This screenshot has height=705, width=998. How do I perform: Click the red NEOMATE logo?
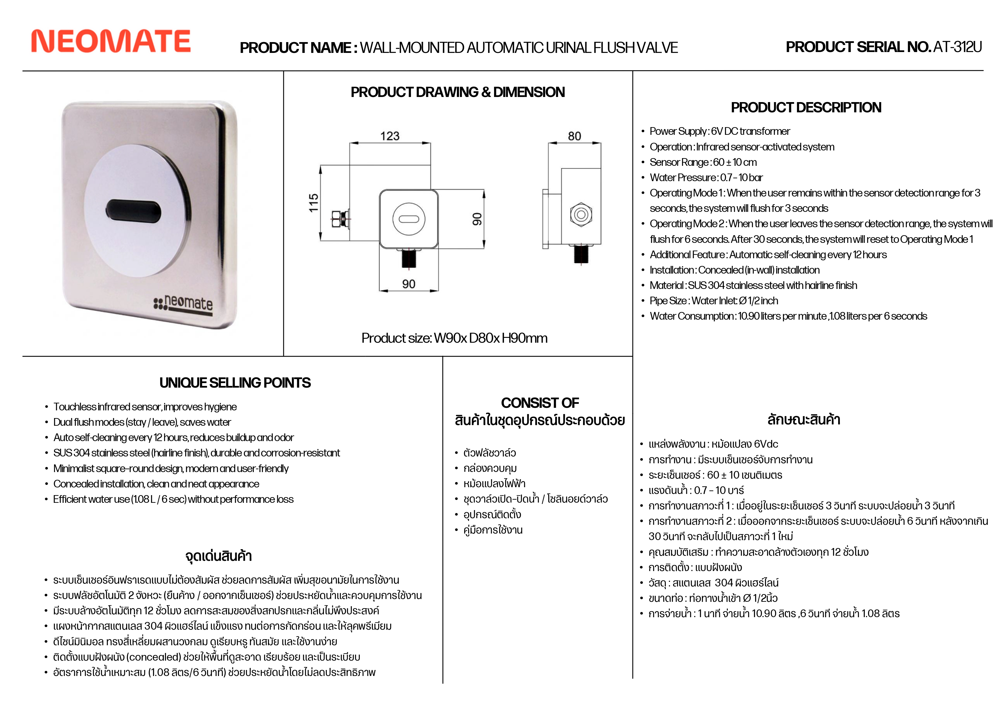point(111,42)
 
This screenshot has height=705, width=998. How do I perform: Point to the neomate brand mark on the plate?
point(184,303)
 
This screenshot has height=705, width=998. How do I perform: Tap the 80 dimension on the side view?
point(574,136)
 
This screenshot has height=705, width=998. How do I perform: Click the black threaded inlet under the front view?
point(409,258)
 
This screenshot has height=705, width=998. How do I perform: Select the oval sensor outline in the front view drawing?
point(409,219)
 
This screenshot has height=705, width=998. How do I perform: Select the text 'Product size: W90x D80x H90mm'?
point(454,338)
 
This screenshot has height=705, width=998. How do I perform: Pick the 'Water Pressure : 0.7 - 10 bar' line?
point(706,177)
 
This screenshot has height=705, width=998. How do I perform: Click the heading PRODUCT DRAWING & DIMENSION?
point(458,92)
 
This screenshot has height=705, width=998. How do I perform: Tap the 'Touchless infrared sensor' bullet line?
point(145,407)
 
